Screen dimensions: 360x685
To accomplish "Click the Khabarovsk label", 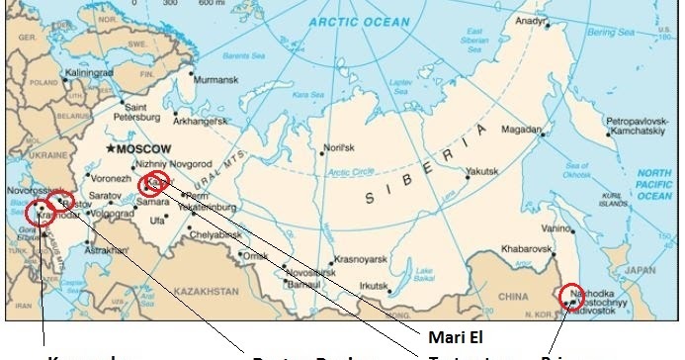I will [x=524, y=248].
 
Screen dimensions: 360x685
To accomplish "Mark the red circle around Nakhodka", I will [x=571, y=296].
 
